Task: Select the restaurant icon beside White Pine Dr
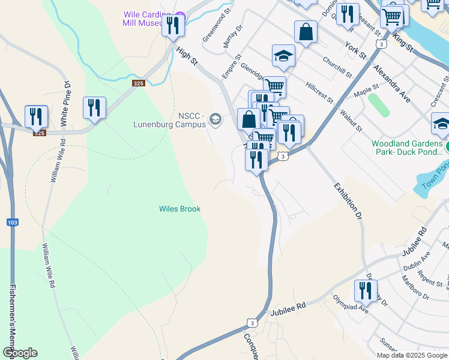tap(94, 107)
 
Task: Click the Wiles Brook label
tap(179, 209)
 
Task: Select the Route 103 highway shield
tap(12, 223)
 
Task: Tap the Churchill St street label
tap(337, 67)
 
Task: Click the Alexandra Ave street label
tap(391, 83)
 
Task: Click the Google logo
tap(20, 353)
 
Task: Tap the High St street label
tap(187, 56)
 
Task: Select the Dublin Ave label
tap(417, 262)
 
